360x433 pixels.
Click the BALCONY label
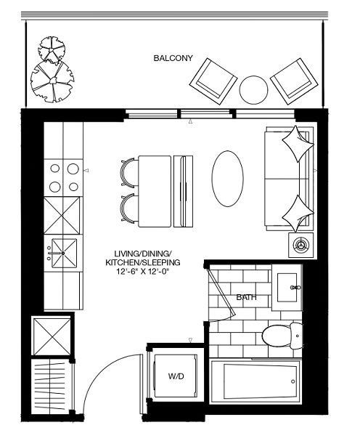[173, 58]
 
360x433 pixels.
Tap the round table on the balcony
[253, 90]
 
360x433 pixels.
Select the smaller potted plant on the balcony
[52, 49]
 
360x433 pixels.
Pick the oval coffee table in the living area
[228, 179]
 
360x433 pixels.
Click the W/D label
[176, 376]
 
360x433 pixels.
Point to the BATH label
[246, 297]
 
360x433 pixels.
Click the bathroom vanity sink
[287, 288]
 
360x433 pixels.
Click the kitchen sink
[65, 254]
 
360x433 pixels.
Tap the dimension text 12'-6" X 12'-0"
[142, 272]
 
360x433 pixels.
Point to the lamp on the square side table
[300, 245]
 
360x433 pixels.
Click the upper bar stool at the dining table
[129, 173]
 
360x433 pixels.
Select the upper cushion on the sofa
[298, 144]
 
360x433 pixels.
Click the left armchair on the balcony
[213, 81]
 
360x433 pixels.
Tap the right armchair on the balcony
[294, 81]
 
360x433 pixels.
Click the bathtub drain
[293, 381]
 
